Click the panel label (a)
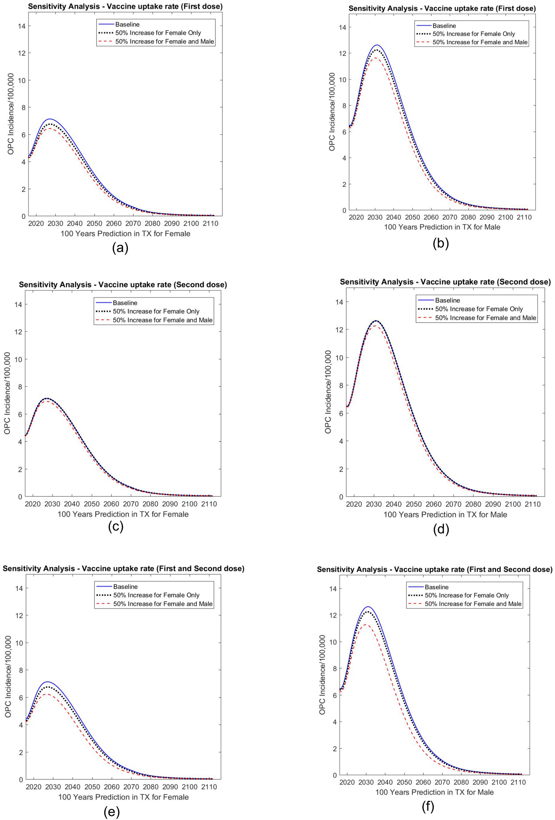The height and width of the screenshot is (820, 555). pos(120,248)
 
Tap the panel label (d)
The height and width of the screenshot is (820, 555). pos(441,529)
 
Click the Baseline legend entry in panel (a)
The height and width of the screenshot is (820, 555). pos(127,24)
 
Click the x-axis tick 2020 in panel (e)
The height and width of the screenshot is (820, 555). pos(34,787)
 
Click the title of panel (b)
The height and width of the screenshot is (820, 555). pos(442,9)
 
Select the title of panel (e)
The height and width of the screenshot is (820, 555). pos(124,568)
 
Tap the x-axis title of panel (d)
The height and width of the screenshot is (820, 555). pos(445,515)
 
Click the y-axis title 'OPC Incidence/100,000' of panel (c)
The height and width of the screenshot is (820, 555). pos(7,393)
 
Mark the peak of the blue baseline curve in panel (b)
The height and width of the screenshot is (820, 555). pos(377,45)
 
